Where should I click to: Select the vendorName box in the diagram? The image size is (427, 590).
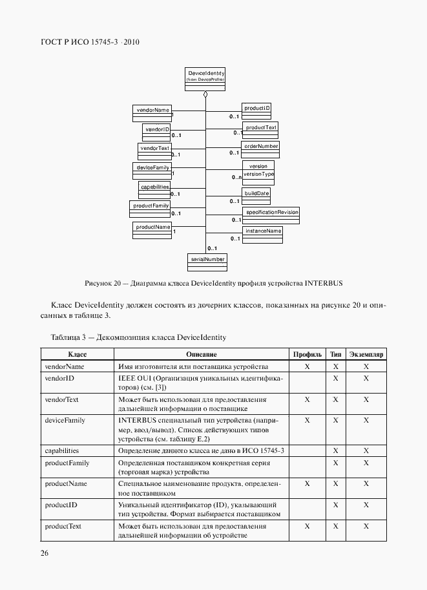(151, 112)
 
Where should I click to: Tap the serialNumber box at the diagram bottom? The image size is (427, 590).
(206, 260)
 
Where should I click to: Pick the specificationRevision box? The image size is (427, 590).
(271, 215)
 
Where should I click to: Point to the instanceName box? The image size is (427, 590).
(262, 233)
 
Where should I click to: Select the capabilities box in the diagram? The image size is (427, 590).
(154, 189)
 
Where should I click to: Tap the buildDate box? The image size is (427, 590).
(256, 196)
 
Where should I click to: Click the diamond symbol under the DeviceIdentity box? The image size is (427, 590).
(205, 95)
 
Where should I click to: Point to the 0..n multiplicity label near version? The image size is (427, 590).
(236, 177)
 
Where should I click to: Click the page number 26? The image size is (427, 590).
(45, 553)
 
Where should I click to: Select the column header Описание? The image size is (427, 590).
(201, 355)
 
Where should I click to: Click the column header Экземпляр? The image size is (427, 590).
(366, 355)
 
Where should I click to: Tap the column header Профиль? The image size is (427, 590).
(307, 355)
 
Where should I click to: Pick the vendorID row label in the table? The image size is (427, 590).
(59, 377)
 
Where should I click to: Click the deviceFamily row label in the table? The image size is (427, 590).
(65, 420)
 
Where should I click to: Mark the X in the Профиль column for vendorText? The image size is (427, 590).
(307, 399)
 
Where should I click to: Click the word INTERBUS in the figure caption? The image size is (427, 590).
(324, 283)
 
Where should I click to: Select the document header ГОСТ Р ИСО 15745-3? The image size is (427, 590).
(90, 43)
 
